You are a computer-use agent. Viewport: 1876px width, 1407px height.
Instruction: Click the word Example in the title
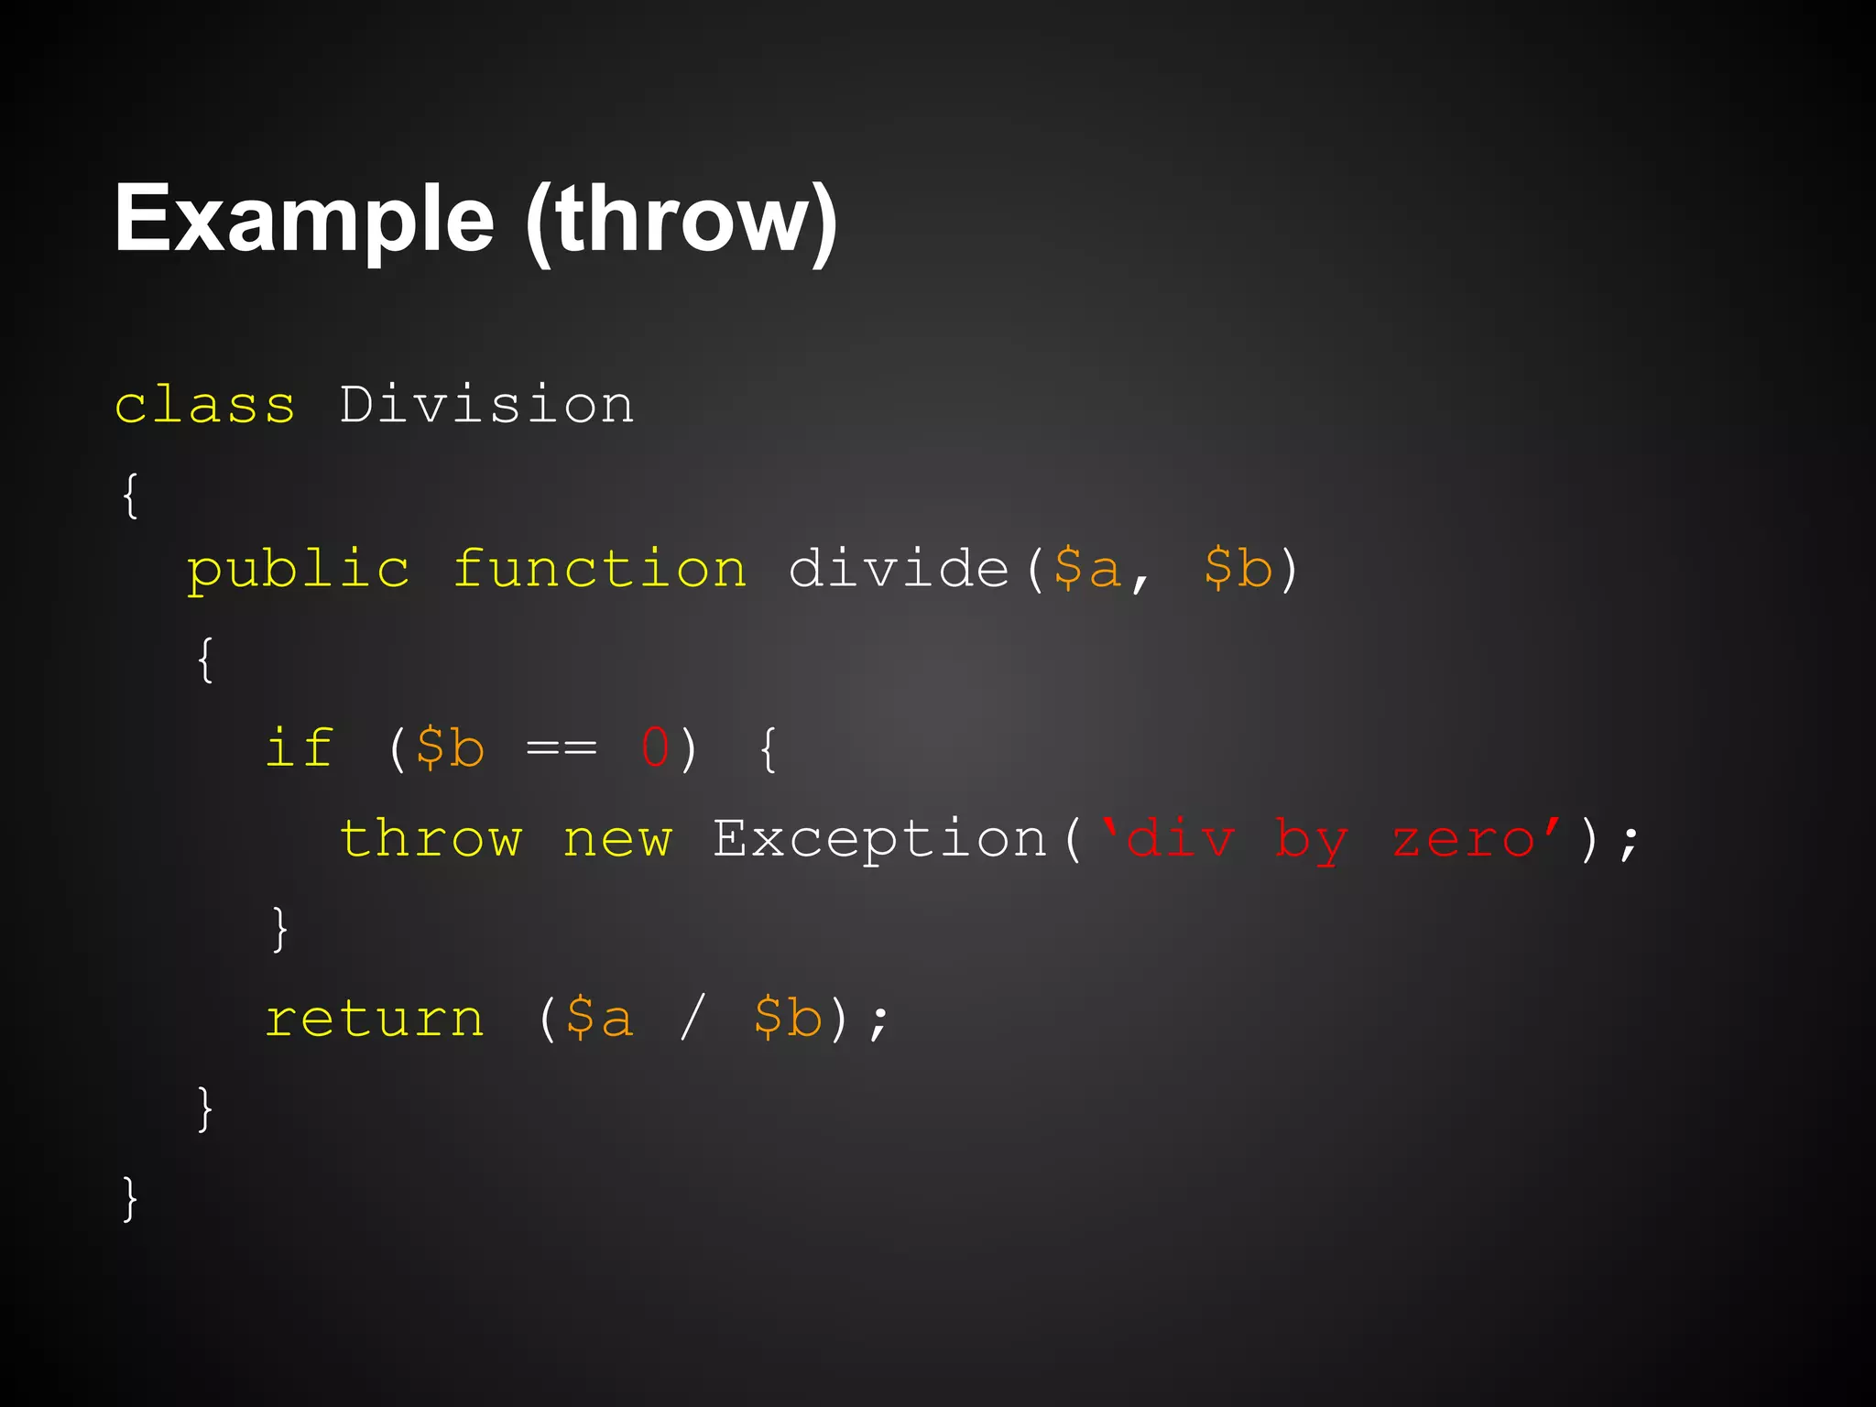click(x=304, y=220)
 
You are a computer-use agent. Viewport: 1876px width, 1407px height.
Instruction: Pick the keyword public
click(x=299, y=570)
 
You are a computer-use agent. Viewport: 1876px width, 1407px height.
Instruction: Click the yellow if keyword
click(x=299, y=747)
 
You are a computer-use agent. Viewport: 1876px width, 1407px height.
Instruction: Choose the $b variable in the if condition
click(x=450, y=747)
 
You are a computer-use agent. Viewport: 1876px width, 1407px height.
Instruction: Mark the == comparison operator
click(x=562, y=749)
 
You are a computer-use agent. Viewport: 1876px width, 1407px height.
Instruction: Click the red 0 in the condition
click(x=656, y=747)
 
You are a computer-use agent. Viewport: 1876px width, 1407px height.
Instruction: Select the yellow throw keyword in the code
click(x=431, y=838)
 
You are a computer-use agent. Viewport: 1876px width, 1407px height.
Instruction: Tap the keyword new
click(x=617, y=840)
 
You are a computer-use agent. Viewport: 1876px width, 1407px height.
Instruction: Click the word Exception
click(x=880, y=838)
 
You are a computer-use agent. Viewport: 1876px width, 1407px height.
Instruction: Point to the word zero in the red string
click(x=1464, y=840)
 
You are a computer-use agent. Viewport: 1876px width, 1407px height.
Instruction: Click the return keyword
click(x=375, y=1019)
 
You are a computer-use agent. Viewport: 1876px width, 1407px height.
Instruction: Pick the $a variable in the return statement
click(x=600, y=1019)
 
